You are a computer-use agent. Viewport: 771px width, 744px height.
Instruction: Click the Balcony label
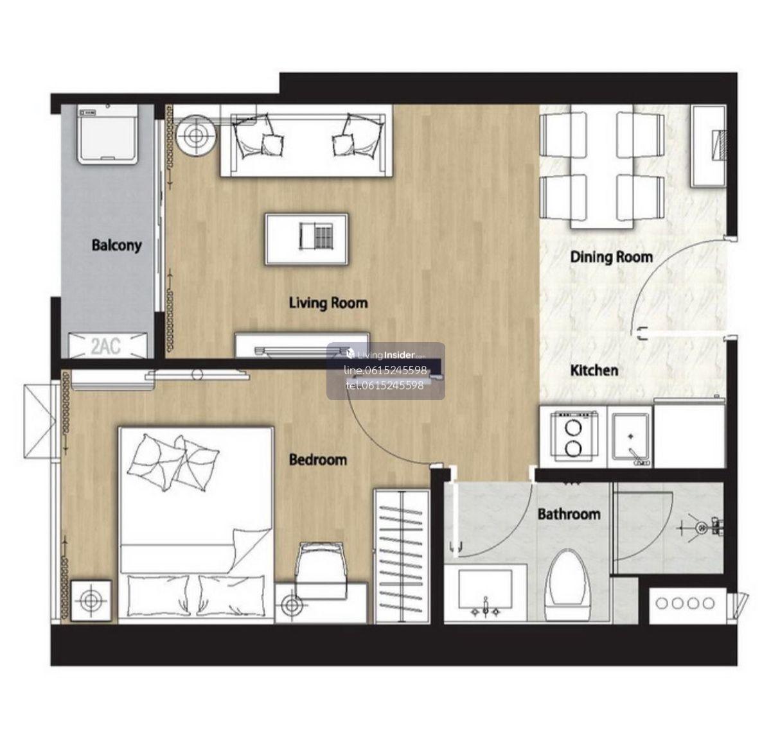pyautogui.click(x=116, y=246)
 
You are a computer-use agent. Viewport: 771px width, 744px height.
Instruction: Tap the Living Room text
pyautogui.click(x=328, y=303)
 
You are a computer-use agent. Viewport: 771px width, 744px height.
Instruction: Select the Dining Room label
pyautogui.click(x=611, y=257)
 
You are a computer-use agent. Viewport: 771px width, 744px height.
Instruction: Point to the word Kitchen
pyautogui.click(x=594, y=370)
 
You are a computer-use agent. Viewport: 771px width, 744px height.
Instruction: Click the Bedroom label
pyautogui.click(x=318, y=460)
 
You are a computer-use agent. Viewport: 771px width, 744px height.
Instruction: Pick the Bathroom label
pyautogui.click(x=569, y=514)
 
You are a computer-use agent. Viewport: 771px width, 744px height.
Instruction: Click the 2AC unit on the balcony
pyautogui.click(x=107, y=345)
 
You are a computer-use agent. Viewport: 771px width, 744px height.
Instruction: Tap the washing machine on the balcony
pyautogui.click(x=107, y=134)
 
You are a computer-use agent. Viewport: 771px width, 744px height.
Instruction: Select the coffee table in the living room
pyautogui.click(x=306, y=239)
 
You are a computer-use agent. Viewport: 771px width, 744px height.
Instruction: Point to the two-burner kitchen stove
pyautogui.click(x=573, y=437)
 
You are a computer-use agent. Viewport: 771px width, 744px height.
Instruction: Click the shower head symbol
pyautogui.click(x=702, y=527)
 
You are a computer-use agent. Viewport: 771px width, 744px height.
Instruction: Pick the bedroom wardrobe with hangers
pyautogui.click(x=402, y=556)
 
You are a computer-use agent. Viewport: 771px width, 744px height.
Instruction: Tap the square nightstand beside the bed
pyautogui.click(x=91, y=601)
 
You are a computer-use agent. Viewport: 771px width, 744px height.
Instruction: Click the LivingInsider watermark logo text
pyautogui.click(x=386, y=355)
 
